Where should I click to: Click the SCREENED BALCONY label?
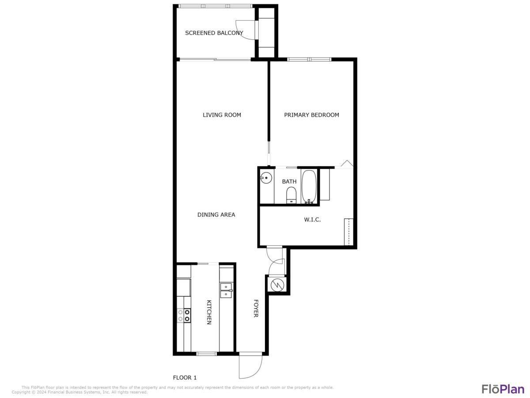(x=214, y=33)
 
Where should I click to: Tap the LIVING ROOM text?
(x=222, y=115)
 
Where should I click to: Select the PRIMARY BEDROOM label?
(x=311, y=115)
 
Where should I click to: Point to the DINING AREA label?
(x=216, y=215)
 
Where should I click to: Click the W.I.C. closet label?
(x=312, y=219)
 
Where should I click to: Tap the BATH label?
(x=289, y=182)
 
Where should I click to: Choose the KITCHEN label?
(x=209, y=312)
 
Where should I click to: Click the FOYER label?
(x=256, y=308)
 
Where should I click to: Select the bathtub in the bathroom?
(x=309, y=187)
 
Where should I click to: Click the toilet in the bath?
(x=291, y=195)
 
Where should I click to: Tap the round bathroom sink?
(x=266, y=179)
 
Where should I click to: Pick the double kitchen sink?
(x=226, y=290)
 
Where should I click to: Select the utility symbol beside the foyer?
(x=276, y=285)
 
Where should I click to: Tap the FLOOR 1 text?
(x=184, y=378)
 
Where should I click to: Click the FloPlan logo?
(x=503, y=389)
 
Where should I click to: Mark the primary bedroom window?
(x=309, y=59)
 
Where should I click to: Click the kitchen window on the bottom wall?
(x=206, y=353)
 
